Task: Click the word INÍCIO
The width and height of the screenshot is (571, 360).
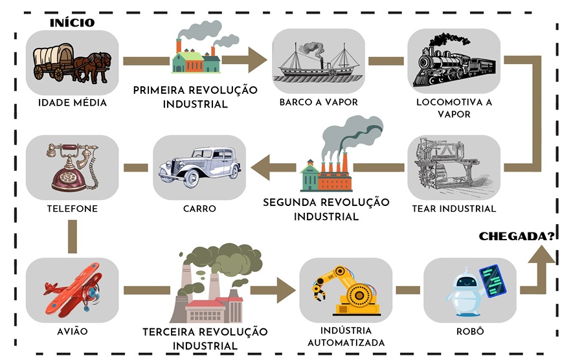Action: point(73,23)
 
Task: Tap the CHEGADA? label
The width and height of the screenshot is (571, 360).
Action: point(517,236)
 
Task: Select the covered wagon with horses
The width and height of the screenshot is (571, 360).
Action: point(72,63)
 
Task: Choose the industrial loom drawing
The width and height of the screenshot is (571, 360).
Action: point(454,167)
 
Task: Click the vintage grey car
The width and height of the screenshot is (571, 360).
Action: point(199,167)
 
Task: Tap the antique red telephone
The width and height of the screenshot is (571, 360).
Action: point(72,167)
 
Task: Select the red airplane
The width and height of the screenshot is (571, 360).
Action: point(72,290)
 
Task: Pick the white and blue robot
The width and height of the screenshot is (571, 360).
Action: point(469,290)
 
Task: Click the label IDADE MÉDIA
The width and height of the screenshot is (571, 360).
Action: point(72,102)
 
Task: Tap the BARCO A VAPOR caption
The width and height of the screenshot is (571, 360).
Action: point(318,102)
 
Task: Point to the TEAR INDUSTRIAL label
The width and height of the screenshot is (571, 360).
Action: point(454,208)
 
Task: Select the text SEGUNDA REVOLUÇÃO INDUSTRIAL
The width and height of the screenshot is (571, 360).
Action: point(326,209)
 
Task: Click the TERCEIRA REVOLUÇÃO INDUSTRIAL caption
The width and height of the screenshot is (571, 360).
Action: point(205,339)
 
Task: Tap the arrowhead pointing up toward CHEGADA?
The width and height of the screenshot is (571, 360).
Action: point(541,257)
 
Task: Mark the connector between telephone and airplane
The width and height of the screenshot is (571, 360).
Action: point(73,237)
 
